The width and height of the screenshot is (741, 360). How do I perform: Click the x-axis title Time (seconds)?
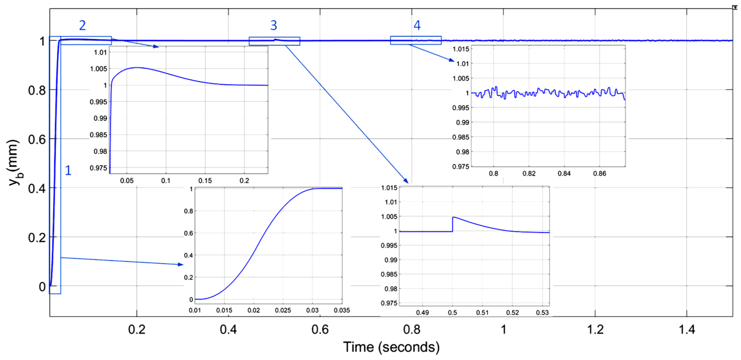391,347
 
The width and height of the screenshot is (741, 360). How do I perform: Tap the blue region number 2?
82,26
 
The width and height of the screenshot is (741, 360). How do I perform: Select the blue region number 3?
273,26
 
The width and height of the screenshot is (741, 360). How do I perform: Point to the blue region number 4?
417,26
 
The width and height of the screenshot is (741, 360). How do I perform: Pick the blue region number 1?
68,170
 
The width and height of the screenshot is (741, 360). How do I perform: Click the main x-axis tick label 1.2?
595,330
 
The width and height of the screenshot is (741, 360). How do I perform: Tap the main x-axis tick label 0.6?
320,330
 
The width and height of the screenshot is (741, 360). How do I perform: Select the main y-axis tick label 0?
42,287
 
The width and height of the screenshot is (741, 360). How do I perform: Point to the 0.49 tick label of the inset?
422,313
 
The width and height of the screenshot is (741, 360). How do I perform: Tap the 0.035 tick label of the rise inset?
342,310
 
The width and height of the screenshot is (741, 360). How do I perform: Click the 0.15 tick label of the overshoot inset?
205,181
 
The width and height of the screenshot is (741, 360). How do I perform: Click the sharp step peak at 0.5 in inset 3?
453,217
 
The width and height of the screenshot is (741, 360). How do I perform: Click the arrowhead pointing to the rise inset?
181,264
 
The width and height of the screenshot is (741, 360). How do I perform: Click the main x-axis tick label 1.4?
687,330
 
